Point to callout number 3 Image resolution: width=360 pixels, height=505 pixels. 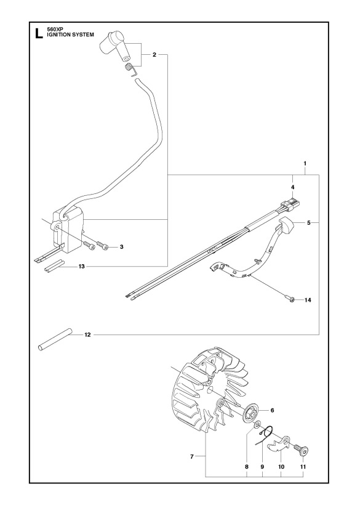tap(122, 247)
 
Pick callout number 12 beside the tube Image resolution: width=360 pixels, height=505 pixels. tap(87, 334)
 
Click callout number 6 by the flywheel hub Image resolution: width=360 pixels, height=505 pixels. tap(273, 409)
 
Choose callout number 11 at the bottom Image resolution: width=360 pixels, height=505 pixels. tap(302, 466)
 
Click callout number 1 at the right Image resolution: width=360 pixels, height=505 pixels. tap(305, 163)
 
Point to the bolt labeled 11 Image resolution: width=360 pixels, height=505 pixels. tap(300, 448)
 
